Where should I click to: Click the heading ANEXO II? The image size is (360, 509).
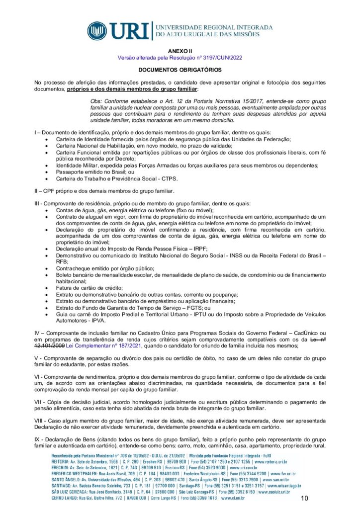tap(180, 51)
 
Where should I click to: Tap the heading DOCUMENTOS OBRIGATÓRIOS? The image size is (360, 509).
tap(180, 71)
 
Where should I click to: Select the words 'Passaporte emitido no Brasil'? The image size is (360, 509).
tap(91, 171)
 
